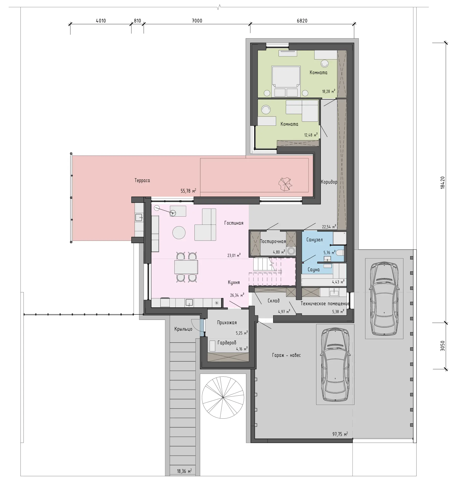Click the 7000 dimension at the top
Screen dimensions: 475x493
(197, 21)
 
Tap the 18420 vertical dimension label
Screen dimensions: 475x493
(443, 183)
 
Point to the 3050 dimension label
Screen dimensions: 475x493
(443, 346)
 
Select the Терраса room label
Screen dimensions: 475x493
(142, 180)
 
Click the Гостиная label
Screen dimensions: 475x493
(234, 223)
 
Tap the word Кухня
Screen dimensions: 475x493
(234, 282)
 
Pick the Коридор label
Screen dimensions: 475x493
(329, 182)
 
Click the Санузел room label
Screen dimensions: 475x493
(314, 240)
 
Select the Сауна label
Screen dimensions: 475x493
(313, 270)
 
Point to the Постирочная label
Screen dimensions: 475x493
(273, 242)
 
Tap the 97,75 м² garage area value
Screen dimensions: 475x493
(340, 434)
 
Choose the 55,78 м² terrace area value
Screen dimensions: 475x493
(188, 191)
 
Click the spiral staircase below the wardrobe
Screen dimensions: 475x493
(223, 398)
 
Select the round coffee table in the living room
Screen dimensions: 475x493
(179, 233)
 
